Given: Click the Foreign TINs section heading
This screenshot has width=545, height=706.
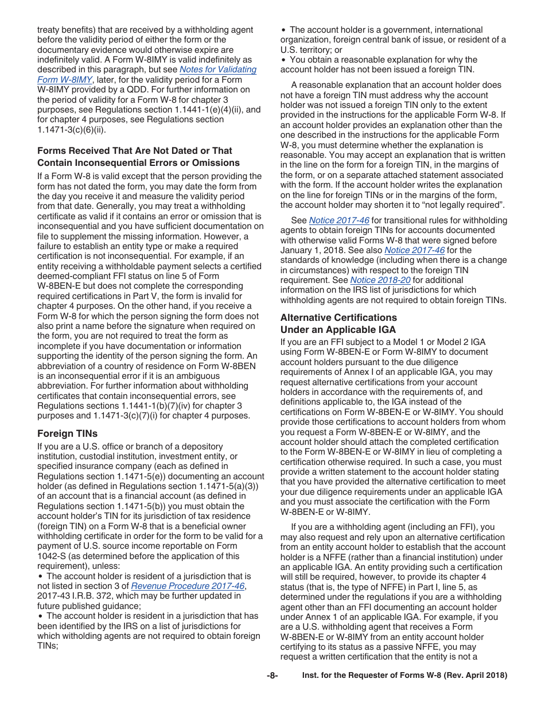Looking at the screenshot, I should point(67,434).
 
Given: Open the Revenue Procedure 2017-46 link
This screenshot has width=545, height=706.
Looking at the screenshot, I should point(188,586).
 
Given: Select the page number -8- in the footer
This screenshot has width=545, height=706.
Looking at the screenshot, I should point(272,676).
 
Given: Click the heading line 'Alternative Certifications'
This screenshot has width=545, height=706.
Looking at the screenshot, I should point(338,317).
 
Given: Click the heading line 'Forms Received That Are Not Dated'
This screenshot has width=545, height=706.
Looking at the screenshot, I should point(135,150).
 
